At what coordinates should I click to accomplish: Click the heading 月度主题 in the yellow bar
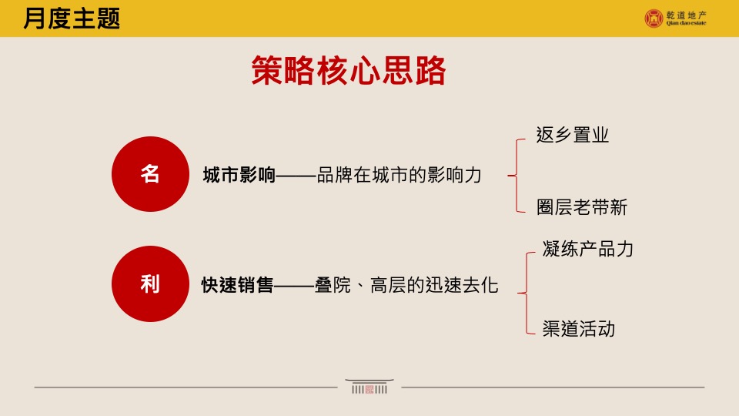click(x=72, y=18)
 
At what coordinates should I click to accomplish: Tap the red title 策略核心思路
click(x=349, y=72)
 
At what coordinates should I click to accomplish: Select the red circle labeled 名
click(x=150, y=174)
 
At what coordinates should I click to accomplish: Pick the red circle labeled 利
click(x=150, y=284)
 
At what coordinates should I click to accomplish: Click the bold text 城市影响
click(x=239, y=175)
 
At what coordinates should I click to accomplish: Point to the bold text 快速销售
click(x=237, y=286)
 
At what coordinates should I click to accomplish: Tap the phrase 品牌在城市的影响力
click(x=399, y=175)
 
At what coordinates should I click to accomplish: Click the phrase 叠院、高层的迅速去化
click(x=406, y=286)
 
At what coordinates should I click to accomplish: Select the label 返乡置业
click(x=573, y=136)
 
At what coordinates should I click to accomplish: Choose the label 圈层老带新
click(x=582, y=207)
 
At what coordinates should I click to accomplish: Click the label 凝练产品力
click(x=587, y=249)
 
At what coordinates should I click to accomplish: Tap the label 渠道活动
click(x=578, y=330)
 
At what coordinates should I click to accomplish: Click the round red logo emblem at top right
click(x=654, y=18)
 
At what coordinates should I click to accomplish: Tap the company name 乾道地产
click(x=687, y=13)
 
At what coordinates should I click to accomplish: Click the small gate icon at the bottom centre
click(x=369, y=387)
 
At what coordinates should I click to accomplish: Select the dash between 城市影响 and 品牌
click(x=296, y=176)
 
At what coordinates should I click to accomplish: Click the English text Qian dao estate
click(x=687, y=23)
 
